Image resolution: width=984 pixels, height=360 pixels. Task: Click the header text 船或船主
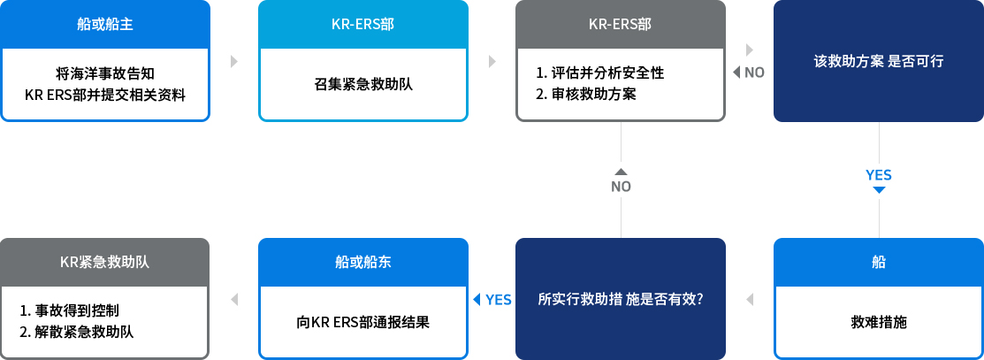click(x=105, y=25)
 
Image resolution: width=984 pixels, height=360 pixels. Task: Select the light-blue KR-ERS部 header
click(x=363, y=25)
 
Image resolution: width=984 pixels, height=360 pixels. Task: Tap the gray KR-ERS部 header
click(x=620, y=25)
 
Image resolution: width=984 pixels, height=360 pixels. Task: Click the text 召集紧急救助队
click(x=363, y=84)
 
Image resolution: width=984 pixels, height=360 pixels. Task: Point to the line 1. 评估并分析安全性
click(x=600, y=73)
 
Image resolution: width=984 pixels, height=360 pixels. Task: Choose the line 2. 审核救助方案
click(x=586, y=95)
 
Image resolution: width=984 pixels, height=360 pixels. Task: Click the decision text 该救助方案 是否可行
click(x=879, y=62)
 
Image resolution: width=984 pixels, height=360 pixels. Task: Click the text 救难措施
click(x=879, y=323)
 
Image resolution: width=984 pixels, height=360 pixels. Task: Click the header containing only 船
click(x=879, y=262)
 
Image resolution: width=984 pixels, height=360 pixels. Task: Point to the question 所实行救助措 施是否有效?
click(x=620, y=300)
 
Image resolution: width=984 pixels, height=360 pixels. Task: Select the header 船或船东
click(x=363, y=262)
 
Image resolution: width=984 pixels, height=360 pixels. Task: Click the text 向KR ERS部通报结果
click(x=363, y=323)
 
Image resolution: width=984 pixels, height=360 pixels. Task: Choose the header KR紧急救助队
click(x=105, y=262)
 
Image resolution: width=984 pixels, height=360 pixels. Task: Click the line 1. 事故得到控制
click(x=70, y=310)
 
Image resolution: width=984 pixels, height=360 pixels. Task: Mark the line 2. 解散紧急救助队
click(x=77, y=333)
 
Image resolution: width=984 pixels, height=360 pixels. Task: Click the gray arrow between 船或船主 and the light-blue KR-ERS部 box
click(x=234, y=62)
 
